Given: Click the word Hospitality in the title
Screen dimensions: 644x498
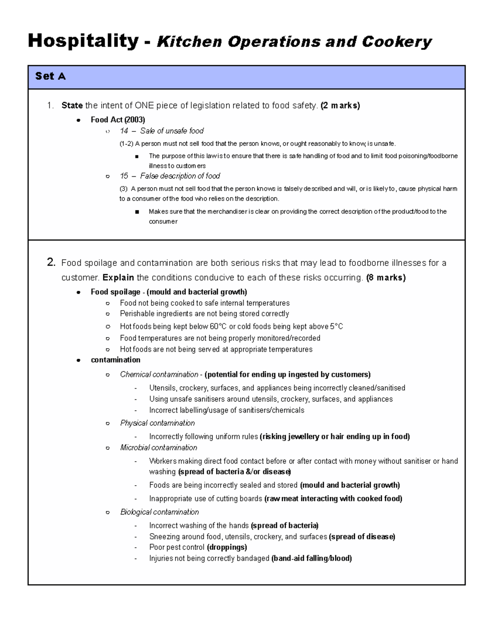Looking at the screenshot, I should pos(83,41).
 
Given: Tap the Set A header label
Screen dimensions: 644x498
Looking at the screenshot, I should pos(50,76).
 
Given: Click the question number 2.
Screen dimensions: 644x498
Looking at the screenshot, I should pos(51,262).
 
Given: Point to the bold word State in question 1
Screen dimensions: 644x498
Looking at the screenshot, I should pos(72,106).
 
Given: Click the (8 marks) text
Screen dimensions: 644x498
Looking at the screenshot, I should pos(386,277).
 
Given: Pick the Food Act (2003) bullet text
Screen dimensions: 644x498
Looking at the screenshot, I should pos(118,120).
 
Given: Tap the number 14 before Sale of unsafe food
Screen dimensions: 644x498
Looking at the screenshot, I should pos(124,131).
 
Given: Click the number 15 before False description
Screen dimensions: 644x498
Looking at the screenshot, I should pos(124,176).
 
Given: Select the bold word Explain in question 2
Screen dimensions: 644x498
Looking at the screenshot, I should pos(118,277).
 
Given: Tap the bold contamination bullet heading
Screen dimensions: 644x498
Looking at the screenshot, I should pos(115,360).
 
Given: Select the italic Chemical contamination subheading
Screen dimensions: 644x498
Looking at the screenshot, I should pos(159,374).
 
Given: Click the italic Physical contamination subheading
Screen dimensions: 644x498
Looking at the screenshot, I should pos(157,423).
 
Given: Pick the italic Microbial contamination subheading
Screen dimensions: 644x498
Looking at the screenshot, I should pos(159,447).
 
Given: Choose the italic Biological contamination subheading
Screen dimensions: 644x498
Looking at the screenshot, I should pos(159,512).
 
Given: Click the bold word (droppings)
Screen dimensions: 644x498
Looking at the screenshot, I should pos(227,547).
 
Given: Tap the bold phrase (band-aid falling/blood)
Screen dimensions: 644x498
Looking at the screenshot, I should pos(311,559).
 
